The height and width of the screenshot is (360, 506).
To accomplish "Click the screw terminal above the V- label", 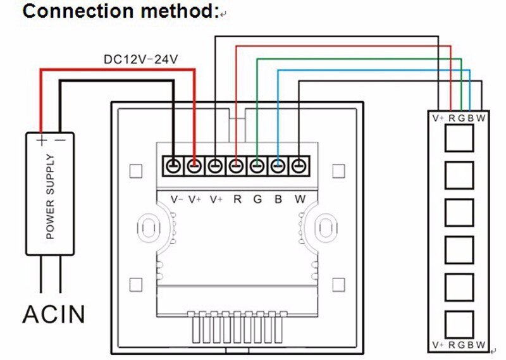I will pyautogui.click(x=174, y=166).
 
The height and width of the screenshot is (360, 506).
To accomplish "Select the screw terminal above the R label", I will pyautogui.click(x=237, y=166).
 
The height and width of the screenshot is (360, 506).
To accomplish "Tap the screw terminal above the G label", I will pyautogui.click(x=257, y=166).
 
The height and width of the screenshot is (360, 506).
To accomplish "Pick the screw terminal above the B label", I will pyautogui.click(x=278, y=166).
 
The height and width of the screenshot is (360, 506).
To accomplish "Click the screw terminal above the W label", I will pyautogui.click(x=299, y=166).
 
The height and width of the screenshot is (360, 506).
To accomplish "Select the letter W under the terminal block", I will pyautogui.click(x=300, y=199).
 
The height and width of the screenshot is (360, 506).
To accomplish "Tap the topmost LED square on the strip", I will pyautogui.click(x=459, y=138).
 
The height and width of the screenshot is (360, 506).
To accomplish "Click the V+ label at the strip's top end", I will pyautogui.click(x=438, y=117).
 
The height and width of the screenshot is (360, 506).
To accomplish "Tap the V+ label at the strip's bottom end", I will pyautogui.click(x=438, y=345).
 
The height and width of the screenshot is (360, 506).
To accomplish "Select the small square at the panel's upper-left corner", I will pyautogui.click(x=135, y=171).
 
